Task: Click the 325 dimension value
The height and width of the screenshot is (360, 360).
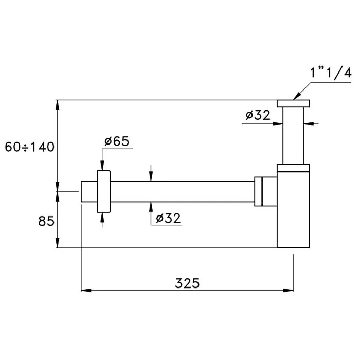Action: tap(187, 283)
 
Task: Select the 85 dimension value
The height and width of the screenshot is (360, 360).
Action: tap(46, 221)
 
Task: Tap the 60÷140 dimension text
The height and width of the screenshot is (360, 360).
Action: tap(30, 147)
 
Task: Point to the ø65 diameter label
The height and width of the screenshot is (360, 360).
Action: tap(117, 141)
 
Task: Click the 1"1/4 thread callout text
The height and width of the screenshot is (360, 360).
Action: tap(331, 73)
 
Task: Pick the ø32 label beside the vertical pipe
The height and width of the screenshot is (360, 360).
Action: tap(258, 115)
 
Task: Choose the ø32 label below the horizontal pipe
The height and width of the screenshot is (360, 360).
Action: tap(168, 218)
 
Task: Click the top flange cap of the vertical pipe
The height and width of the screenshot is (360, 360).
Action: tap(293, 103)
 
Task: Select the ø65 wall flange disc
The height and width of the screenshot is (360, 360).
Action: tap(104, 191)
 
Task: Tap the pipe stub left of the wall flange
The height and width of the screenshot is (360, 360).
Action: tap(89, 191)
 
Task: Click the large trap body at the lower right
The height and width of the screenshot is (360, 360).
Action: tap(293, 210)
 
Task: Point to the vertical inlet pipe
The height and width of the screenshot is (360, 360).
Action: tap(293, 136)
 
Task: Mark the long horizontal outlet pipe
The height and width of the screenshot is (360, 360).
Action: tap(183, 191)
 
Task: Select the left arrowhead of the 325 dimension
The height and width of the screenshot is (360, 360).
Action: tap(86, 291)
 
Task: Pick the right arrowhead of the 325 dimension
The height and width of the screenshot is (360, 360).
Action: tap(289, 291)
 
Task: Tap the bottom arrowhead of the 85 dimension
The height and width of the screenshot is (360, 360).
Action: tap(58, 243)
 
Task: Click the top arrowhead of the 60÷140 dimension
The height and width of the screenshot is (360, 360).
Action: tap(58, 105)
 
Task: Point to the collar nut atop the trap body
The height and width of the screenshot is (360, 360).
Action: tap(293, 168)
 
